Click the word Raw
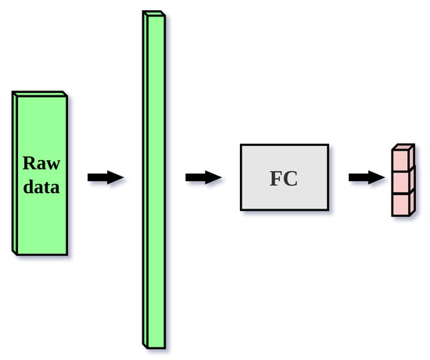click(41, 164)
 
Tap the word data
click(41, 187)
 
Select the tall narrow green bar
click(156, 180)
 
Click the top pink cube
click(402, 159)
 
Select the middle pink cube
click(402, 181)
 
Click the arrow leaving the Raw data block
click(105, 178)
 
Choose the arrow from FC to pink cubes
click(367, 178)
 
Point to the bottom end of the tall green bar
click(155, 344)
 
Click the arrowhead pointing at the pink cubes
click(378, 178)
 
